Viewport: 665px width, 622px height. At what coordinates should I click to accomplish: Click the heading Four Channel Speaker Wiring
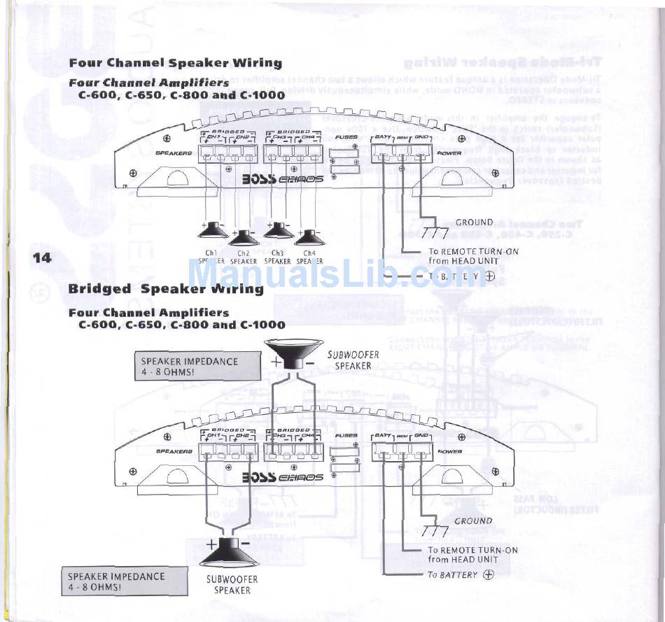[175, 63]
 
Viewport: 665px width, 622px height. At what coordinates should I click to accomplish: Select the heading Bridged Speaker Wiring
[166, 289]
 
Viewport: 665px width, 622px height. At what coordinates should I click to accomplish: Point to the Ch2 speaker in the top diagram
[243, 237]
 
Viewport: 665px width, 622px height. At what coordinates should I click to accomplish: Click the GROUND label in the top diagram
[474, 222]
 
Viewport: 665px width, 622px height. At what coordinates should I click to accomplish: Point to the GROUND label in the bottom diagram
[474, 521]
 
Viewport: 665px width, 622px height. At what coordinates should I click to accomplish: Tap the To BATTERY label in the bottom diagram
[453, 575]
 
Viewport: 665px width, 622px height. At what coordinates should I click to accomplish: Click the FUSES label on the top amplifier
[346, 137]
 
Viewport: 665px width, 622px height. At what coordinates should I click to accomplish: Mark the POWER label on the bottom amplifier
[449, 451]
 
